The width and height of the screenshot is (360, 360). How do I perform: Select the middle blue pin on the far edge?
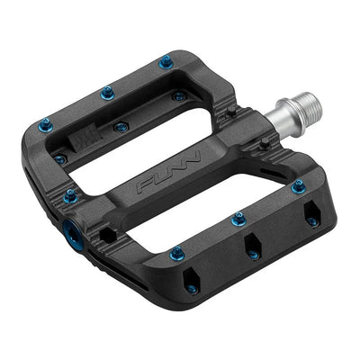click(106, 92)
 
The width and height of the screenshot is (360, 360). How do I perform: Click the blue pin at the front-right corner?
click(297, 186)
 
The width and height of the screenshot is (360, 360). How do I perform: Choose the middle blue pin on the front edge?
click(238, 218)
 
